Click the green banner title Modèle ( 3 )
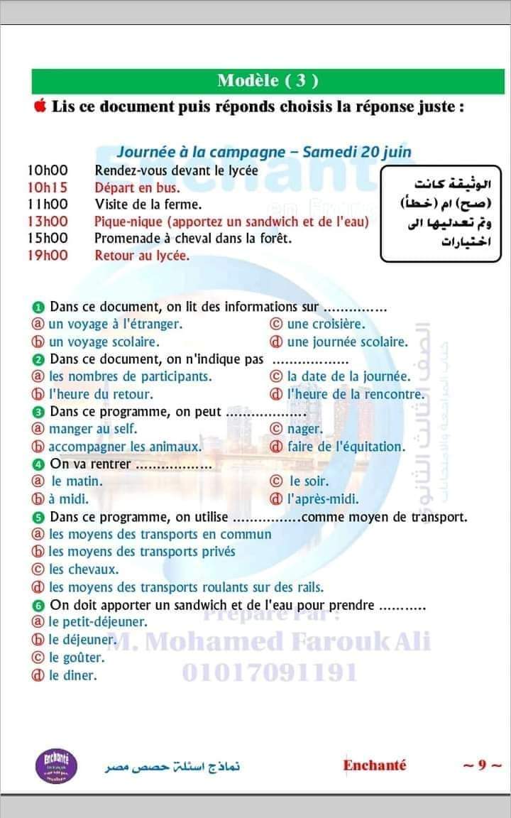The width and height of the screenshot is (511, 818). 268,80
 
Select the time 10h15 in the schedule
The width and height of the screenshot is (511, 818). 48,188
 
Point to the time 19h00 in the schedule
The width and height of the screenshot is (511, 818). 48,256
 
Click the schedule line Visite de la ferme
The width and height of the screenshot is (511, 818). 148,205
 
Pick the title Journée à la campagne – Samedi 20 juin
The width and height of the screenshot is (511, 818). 264,152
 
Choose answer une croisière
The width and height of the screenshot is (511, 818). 326,325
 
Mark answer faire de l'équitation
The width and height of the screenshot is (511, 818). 346,447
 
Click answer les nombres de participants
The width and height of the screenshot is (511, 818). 130,376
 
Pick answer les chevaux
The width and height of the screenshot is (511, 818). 83,569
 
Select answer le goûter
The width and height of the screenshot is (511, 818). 73,658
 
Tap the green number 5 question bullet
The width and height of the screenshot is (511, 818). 39,518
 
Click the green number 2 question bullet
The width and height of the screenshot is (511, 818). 39,360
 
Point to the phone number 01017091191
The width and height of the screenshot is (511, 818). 270,672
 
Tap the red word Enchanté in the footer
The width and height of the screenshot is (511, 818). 375,765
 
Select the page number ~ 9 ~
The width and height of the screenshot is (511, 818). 481,765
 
